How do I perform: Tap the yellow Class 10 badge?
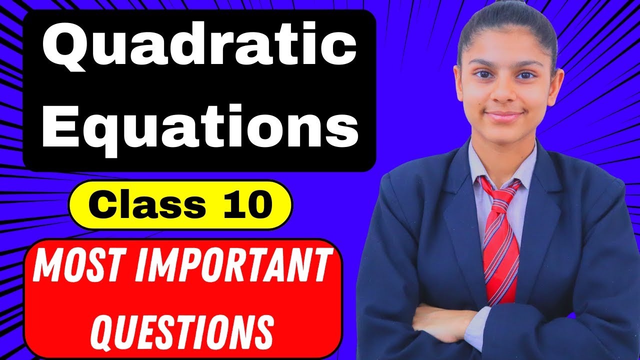[180, 205]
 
